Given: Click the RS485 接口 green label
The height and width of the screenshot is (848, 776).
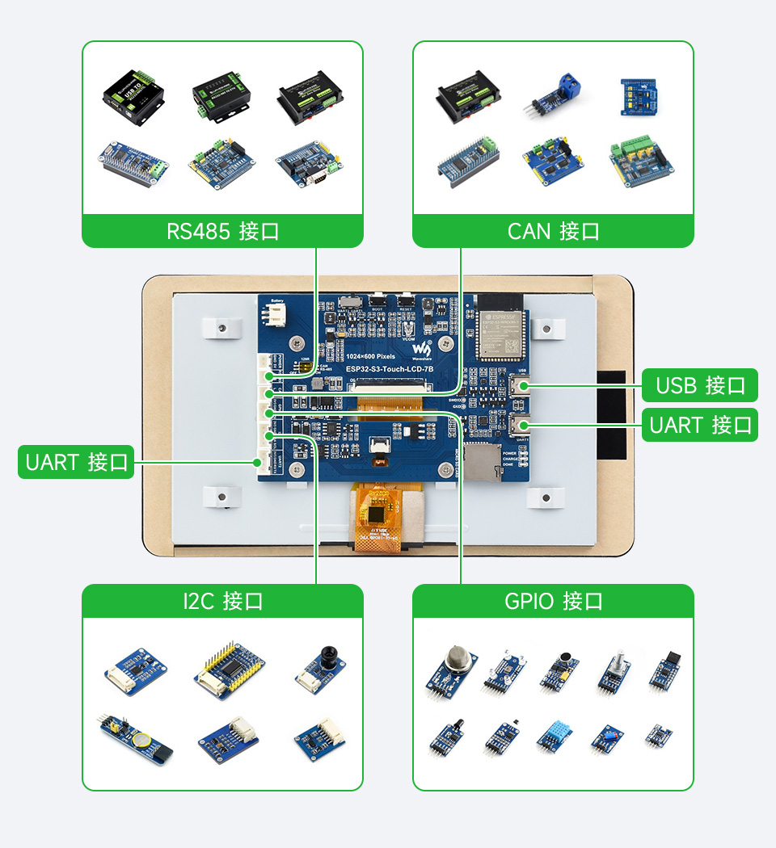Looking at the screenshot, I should click(222, 231).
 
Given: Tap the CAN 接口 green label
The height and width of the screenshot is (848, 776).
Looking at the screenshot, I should click(553, 231).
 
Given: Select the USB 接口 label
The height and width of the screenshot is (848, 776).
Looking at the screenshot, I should click(700, 385).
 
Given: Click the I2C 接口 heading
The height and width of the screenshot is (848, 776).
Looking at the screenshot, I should click(222, 601).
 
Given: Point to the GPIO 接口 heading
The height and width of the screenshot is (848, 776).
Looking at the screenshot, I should click(553, 601).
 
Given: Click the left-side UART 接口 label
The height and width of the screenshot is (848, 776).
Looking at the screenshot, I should click(76, 463).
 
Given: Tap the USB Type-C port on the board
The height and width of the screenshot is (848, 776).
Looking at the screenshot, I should click(519, 386).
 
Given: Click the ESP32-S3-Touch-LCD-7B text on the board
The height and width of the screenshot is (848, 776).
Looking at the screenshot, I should click(390, 369).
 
